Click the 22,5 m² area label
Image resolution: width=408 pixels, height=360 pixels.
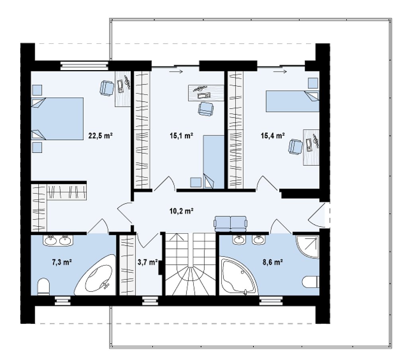click(x=100, y=135)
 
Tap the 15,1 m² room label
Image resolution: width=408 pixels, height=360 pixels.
click(x=181, y=135)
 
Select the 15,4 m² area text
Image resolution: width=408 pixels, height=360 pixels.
click(x=273, y=135)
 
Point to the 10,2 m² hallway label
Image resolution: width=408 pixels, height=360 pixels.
click(x=181, y=211)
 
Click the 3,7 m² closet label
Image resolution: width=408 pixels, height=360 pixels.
click(x=147, y=262)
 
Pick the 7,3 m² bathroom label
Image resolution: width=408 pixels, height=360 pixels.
click(x=62, y=262)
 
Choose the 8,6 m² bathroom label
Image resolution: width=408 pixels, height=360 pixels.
click(x=273, y=262)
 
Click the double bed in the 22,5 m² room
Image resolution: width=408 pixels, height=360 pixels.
click(x=57, y=119)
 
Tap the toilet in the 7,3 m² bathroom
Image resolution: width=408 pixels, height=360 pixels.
click(x=43, y=287)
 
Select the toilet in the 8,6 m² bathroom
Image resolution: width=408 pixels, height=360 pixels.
click(x=311, y=282)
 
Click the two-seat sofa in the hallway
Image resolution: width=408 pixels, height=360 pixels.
click(x=230, y=224)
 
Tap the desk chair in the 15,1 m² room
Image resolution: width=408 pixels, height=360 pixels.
click(x=206, y=109)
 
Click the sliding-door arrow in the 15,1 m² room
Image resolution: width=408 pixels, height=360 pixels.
click(x=176, y=72)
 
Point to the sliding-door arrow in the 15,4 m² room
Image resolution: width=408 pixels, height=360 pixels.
click(x=280, y=72)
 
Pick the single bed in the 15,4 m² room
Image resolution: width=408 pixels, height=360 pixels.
click(x=292, y=101)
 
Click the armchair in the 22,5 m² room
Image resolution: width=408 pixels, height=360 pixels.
click(x=107, y=88)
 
